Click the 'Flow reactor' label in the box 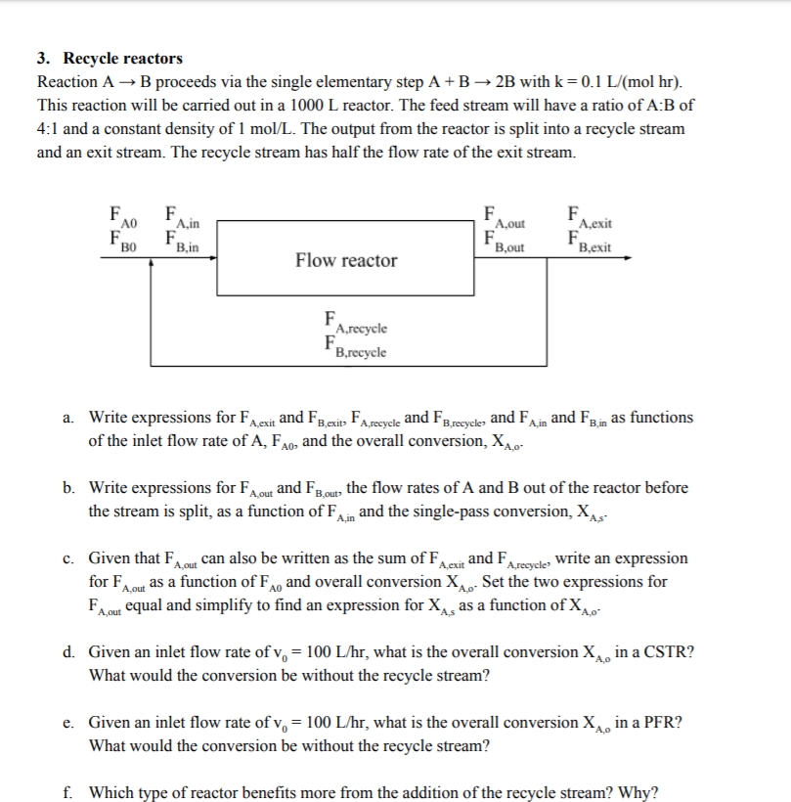[346, 260]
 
